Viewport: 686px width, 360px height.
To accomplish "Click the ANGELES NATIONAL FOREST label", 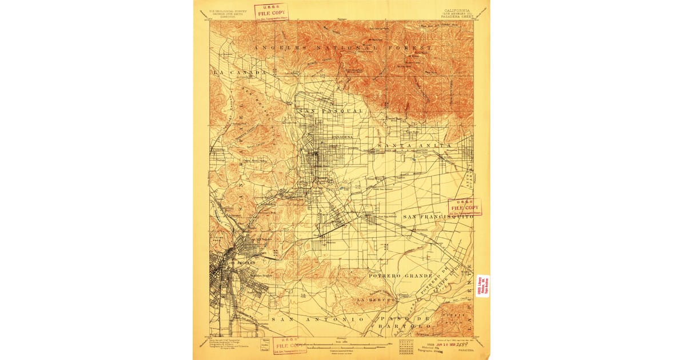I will point(343,48).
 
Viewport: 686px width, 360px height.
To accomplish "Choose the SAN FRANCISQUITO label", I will point(438,217).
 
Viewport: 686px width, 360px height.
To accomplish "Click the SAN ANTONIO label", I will point(317,318).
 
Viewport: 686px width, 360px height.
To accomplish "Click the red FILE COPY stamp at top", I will point(271,11).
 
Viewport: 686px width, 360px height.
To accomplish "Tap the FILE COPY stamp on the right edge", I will point(464,207).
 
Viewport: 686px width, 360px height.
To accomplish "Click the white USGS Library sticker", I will point(482,286).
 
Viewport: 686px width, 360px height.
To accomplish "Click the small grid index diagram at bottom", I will point(407,346).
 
